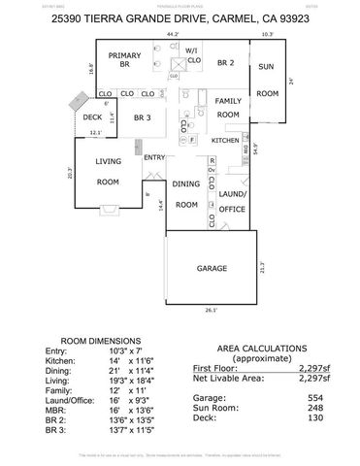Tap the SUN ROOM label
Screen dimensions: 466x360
[x=267, y=85]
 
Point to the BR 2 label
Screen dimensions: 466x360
[x=226, y=62]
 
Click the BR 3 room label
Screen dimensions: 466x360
[x=143, y=117]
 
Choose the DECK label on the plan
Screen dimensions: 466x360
[x=93, y=117]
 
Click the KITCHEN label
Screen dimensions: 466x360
[x=225, y=141]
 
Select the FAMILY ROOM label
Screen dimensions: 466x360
[x=228, y=108]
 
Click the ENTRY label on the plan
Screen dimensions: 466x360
[x=154, y=157]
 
